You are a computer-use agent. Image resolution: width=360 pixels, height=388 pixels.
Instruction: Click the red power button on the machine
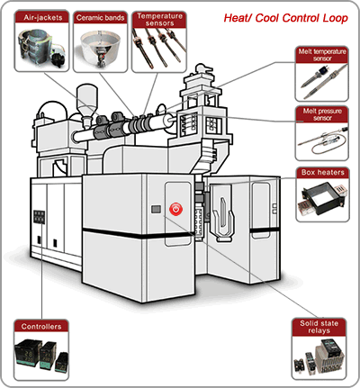[x=175, y=209]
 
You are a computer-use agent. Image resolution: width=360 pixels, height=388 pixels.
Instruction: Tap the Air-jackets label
[x=43, y=18]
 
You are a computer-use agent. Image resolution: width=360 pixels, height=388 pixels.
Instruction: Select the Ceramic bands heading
[x=100, y=18]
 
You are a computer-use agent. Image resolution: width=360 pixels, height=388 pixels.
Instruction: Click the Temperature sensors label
[x=159, y=20]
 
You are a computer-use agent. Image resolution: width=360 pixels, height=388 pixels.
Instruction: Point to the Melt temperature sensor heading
[x=322, y=55]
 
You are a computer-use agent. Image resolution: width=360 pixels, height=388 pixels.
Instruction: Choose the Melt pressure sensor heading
[x=322, y=114]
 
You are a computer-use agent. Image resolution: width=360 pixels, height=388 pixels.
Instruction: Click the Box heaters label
[x=323, y=173]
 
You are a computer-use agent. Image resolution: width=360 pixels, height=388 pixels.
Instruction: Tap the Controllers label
[x=41, y=327]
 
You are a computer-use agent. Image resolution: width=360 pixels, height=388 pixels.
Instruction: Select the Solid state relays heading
[x=319, y=327]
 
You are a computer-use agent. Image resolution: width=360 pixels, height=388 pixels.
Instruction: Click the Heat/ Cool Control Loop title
[x=285, y=18]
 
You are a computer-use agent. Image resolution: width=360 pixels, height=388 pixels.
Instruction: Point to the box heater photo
[x=322, y=199]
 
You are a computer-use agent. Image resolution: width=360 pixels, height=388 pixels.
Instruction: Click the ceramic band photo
[x=100, y=48]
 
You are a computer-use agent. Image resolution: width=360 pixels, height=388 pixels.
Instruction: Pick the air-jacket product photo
[x=41, y=47]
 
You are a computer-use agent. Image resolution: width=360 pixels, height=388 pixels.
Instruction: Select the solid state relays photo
[x=319, y=357]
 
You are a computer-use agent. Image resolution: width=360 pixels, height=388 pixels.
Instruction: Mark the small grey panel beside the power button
[x=156, y=209]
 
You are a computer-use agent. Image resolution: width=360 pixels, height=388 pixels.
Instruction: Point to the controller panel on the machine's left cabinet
[x=39, y=217]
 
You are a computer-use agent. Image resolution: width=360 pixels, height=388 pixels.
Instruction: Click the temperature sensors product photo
[x=159, y=48]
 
